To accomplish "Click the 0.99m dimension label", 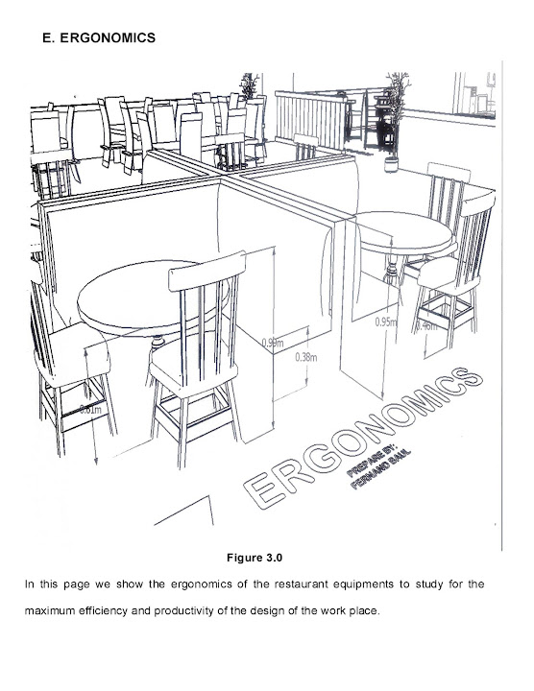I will coord(272,341).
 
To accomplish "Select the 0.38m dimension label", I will coord(305,356).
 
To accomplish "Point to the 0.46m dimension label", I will coord(425,324).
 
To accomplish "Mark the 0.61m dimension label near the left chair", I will coord(91,410).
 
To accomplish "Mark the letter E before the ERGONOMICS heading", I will coord(49,38).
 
